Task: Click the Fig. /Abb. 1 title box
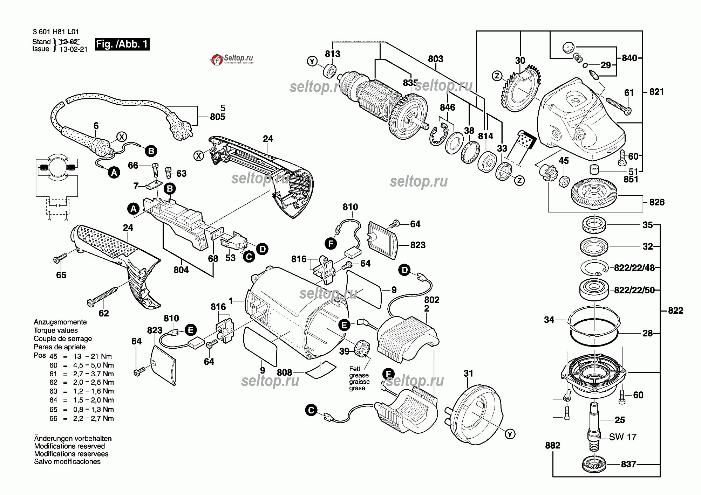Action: coord(122,44)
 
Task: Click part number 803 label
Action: coord(435,59)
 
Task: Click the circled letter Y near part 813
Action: coord(312,61)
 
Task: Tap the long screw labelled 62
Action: coord(103,296)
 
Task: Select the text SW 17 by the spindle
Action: coord(622,437)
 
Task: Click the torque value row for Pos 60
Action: coord(82,365)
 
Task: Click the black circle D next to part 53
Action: coord(262,249)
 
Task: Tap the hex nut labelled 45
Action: coord(564,182)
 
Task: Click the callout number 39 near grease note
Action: coord(344,351)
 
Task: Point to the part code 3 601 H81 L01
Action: coord(56,32)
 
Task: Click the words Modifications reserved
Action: coord(69,446)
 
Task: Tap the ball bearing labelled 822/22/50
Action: coord(594,290)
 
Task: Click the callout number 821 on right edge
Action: coord(656,92)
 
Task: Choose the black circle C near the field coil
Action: coord(311,410)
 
